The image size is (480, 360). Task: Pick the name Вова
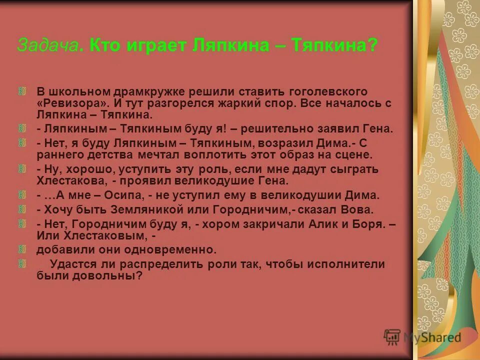(x=359, y=209)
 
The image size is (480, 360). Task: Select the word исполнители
(x=348, y=264)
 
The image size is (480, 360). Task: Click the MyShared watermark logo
(x=422, y=336)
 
